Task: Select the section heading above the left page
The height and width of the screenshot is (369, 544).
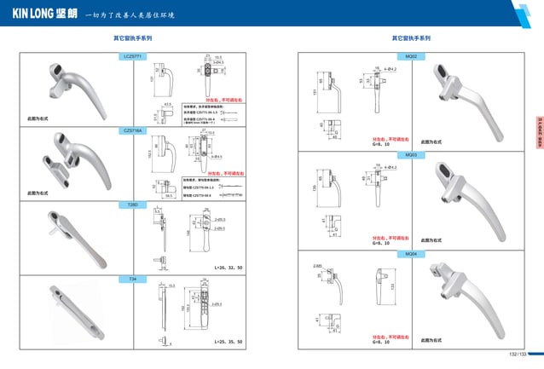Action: pos(133,38)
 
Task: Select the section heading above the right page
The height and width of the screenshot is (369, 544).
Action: pos(411,38)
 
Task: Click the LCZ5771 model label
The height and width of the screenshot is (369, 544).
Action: pos(134,55)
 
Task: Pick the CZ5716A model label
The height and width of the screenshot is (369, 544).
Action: pos(134,130)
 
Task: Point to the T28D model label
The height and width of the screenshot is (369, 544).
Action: pos(134,205)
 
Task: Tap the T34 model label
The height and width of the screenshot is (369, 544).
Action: pos(133,279)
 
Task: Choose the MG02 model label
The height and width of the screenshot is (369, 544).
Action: pos(411,55)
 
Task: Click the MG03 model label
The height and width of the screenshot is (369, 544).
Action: pos(411,155)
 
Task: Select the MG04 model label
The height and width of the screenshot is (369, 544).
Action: pos(411,253)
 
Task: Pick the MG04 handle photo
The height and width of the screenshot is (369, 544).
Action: pos(460,294)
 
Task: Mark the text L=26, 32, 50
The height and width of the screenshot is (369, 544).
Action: pos(226,268)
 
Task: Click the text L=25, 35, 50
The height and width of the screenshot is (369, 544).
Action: pos(226,341)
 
